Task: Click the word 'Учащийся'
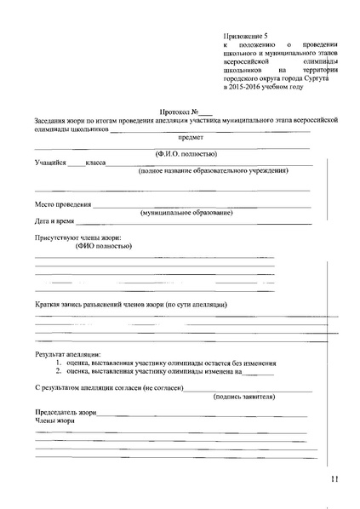[x=50, y=162]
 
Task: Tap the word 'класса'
[x=94, y=162]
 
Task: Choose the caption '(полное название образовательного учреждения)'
[x=213, y=170]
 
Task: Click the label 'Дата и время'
[x=54, y=220]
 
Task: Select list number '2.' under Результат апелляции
[x=60, y=371]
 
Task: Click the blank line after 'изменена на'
[x=260, y=373]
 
